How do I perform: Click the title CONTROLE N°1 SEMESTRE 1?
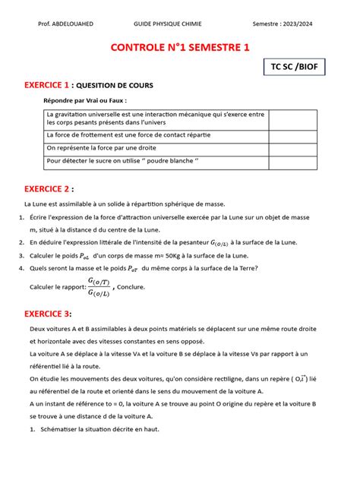click(x=180, y=49)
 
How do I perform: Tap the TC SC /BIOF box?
click(x=295, y=68)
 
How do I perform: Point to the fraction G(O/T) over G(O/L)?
click(x=99, y=287)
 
